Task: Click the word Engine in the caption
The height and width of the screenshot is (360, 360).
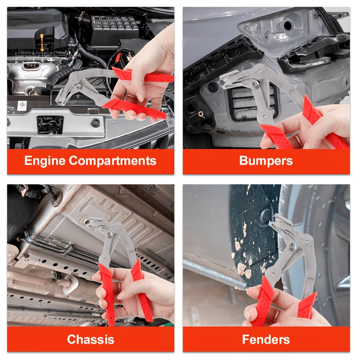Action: [45, 161]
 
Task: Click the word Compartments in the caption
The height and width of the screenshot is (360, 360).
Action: [113, 161]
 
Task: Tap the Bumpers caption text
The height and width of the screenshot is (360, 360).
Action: [266, 161]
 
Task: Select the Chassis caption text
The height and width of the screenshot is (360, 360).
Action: [91, 339]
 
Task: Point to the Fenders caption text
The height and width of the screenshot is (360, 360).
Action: [266, 339]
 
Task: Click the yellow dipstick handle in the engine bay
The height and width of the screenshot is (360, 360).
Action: [42, 42]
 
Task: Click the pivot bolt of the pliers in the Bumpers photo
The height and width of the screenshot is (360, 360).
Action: [254, 85]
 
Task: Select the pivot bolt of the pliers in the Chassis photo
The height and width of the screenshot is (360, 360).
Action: [109, 234]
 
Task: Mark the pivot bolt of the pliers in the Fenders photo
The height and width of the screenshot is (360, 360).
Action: [292, 245]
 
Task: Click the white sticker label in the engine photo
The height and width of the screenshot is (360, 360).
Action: [22, 106]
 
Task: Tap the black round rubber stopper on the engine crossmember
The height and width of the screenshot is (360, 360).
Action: [95, 122]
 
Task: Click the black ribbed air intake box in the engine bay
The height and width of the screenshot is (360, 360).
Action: [115, 27]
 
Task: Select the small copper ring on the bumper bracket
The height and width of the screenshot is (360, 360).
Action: [201, 114]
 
